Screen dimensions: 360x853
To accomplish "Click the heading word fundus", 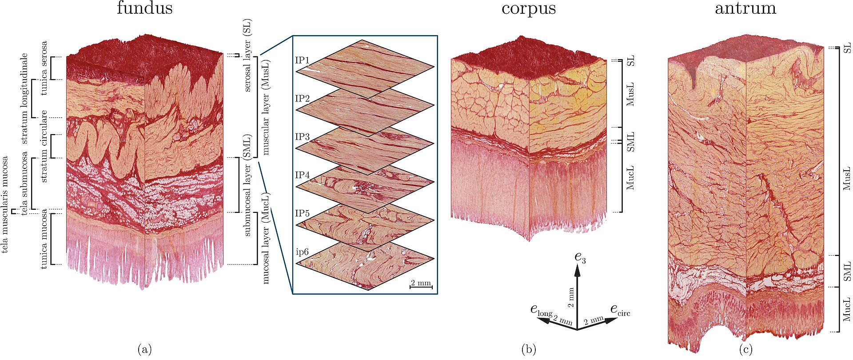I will (x=144, y=8).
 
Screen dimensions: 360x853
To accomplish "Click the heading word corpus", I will (x=528, y=8).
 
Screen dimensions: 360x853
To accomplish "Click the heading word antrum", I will (x=745, y=8).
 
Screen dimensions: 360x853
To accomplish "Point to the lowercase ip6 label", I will (x=302, y=252).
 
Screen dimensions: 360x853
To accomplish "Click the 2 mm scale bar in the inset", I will (x=420, y=284).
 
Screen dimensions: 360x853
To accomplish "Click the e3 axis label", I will (x=580, y=257).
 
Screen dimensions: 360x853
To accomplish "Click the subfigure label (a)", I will (x=144, y=349).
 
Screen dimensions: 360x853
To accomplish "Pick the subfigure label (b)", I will (x=528, y=349).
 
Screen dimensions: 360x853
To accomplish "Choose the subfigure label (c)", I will (x=745, y=349).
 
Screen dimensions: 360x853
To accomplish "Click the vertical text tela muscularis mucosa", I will (x=5, y=204).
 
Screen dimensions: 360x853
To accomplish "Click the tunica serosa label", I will (x=44, y=68).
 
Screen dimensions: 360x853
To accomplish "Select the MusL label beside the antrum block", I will (x=847, y=179).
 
